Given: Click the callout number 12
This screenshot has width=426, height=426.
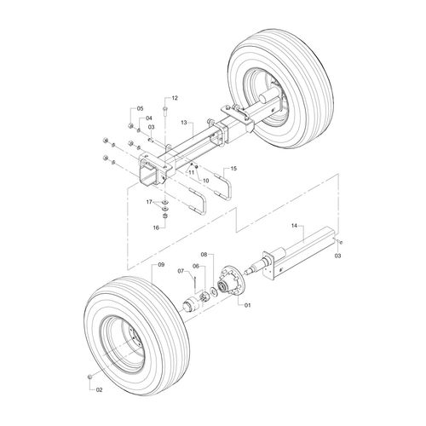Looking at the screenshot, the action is pyautogui.click(x=175, y=98).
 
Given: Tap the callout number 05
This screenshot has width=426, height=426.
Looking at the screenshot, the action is pyautogui.click(x=141, y=108).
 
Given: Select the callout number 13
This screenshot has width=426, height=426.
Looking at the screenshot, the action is pyautogui.click(x=184, y=123).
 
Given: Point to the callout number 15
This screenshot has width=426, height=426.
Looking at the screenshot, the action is pyautogui.click(x=233, y=169).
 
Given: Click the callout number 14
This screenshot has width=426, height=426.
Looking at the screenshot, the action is pyautogui.click(x=294, y=226).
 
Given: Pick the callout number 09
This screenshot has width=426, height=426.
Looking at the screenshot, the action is pyautogui.click(x=161, y=265).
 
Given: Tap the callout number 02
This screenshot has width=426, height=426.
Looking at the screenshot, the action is pyautogui.click(x=99, y=390).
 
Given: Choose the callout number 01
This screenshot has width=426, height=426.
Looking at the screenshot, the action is pyautogui.click(x=248, y=305).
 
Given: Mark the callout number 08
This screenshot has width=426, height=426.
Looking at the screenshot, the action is pyautogui.click(x=204, y=254).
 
